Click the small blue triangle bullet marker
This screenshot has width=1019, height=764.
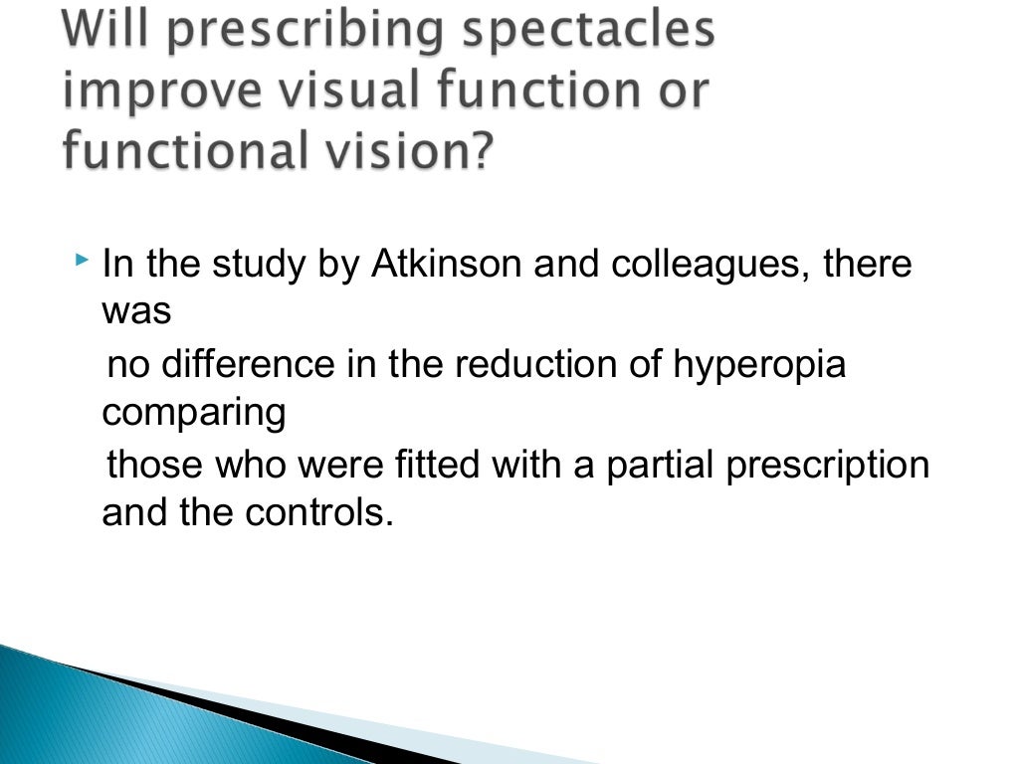[x=82, y=261]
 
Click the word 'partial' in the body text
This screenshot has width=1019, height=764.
[x=656, y=465]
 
